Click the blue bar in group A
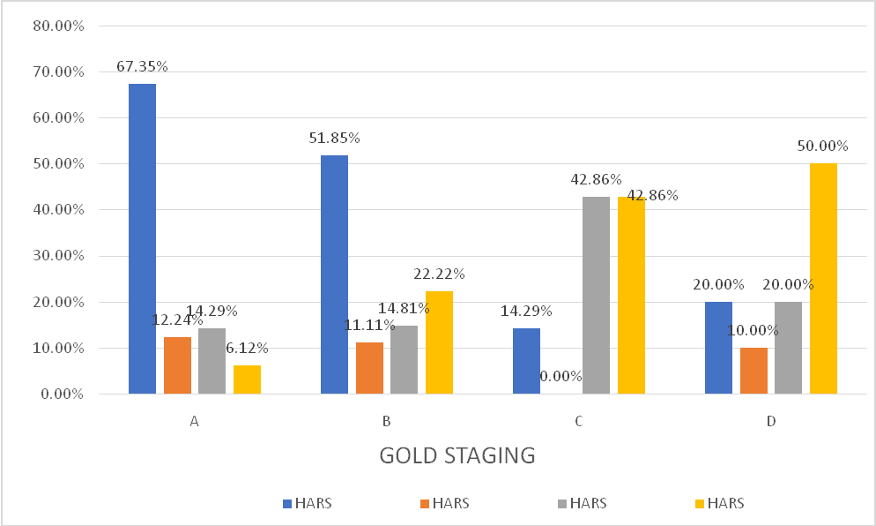point(142,238)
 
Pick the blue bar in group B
point(334,274)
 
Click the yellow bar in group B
point(439,342)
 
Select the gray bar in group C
point(596,295)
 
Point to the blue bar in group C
point(526,361)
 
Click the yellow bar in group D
point(823,278)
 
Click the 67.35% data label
point(142,67)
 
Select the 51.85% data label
point(334,139)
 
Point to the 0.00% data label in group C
point(560,376)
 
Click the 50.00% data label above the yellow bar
point(823,147)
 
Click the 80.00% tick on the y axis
point(58,26)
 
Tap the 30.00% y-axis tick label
point(58,256)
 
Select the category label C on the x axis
point(578,422)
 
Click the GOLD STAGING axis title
point(457,456)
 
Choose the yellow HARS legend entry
point(720,504)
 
